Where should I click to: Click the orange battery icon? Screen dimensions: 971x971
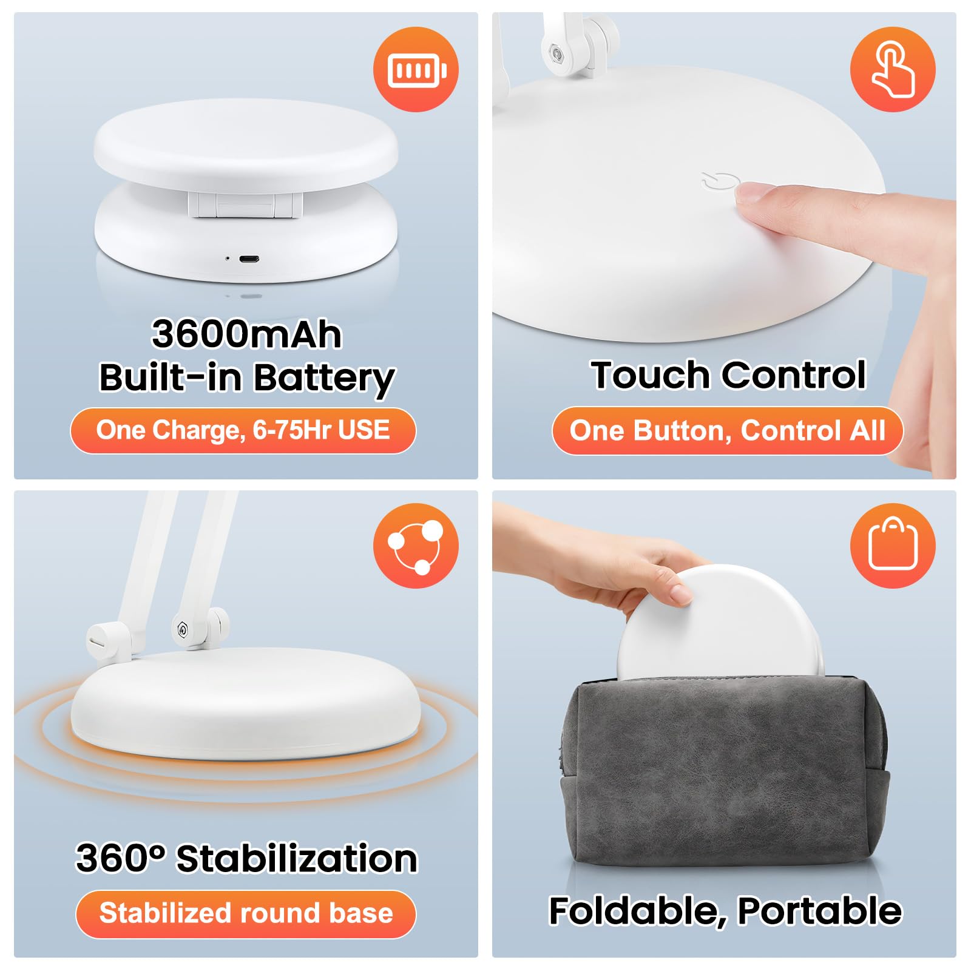(x=416, y=69)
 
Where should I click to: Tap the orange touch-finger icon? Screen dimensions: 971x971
(x=893, y=69)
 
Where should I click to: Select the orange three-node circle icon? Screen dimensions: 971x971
(x=416, y=546)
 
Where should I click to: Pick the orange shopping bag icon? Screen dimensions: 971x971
(x=893, y=546)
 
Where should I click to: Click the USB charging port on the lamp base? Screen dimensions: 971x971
(x=249, y=259)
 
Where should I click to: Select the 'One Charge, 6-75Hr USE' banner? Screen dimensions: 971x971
(x=243, y=430)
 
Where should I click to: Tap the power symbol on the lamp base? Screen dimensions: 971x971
(x=720, y=181)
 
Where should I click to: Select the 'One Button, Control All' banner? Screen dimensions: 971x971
(x=727, y=430)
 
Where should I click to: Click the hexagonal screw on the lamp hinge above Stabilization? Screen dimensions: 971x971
(x=181, y=629)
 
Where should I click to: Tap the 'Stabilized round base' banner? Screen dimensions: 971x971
(x=246, y=913)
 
